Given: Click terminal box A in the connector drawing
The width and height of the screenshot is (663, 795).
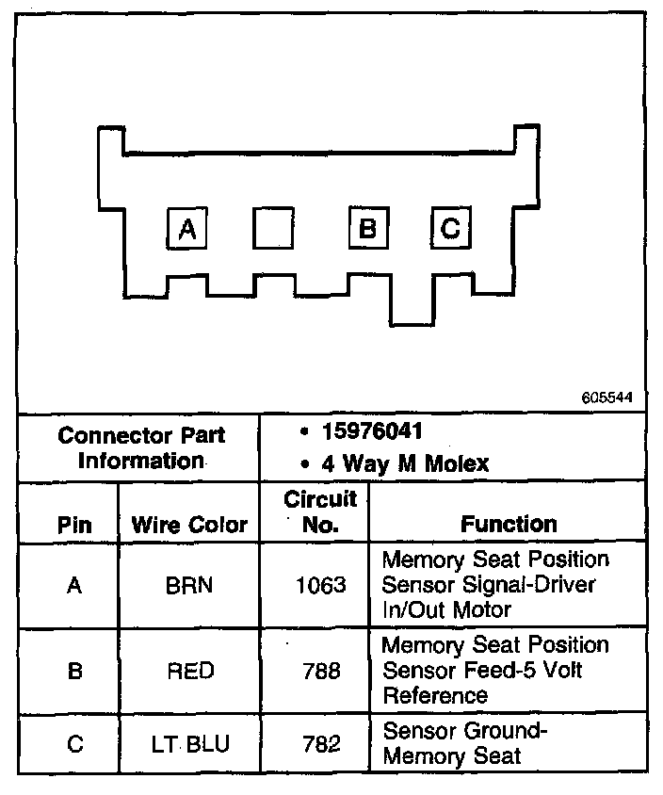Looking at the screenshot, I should [187, 229].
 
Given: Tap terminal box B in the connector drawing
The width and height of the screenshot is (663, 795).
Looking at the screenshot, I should [368, 229].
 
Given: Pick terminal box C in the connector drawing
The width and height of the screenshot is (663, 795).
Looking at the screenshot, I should [451, 229].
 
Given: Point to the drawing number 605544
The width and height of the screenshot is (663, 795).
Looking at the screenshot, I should [607, 397].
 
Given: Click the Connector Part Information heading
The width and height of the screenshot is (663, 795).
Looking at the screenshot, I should [141, 448].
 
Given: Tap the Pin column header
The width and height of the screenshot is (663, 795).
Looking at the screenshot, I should [74, 525].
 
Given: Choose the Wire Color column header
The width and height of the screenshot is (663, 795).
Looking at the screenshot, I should [189, 525].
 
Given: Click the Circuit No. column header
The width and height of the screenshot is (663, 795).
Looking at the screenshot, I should [320, 511].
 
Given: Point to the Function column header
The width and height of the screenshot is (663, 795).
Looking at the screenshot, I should [509, 524].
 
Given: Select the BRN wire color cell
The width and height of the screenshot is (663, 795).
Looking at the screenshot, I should [189, 585].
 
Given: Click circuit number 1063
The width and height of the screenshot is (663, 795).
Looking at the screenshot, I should [320, 585].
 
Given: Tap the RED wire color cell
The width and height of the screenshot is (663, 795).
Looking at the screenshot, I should [189, 671].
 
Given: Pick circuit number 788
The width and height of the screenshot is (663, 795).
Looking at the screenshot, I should [320, 671].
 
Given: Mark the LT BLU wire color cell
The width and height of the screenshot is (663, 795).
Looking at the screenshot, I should [189, 744].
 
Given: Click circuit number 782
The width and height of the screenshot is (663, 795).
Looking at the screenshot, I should [320, 744].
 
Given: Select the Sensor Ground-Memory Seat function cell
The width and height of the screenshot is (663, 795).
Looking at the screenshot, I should [465, 743].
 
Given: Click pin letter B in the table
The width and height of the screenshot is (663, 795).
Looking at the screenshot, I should [74, 671].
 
